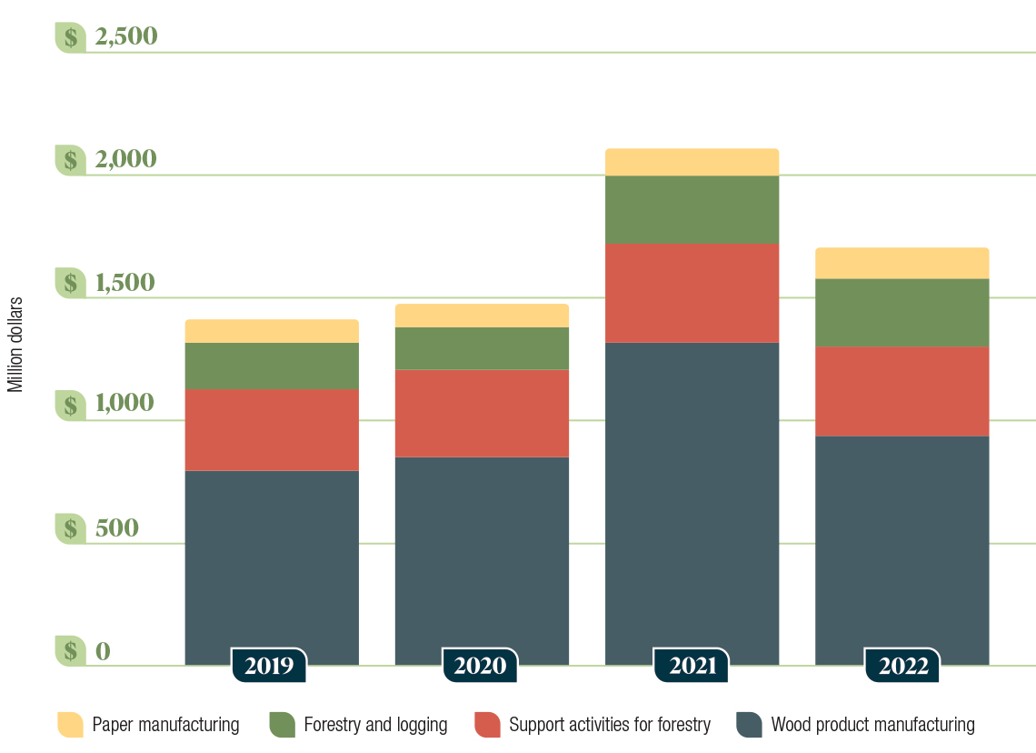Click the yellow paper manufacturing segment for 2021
[x=692, y=162]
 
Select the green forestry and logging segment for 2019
[x=272, y=366]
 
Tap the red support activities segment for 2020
[x=482, y=413]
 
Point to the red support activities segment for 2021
[x=692, y=293]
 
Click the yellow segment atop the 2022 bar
[x=902, y=263]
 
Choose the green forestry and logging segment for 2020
[x=482, y=348]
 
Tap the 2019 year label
[x=269, y=666]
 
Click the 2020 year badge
[x=480, y=666]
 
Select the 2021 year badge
[x=692, y=666]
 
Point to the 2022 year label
[x=902, y=666]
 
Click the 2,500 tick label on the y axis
[x=125, y=37]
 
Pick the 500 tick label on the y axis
[x=116, y=528]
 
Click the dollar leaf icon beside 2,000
[x=70, y=160]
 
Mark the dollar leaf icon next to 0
[x=70, y=651]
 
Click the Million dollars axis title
[x=15, y=345]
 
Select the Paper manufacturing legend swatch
[x=70, y=725]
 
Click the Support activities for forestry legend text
[x=609, y=725]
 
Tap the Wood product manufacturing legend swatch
[x=749, y=725]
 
